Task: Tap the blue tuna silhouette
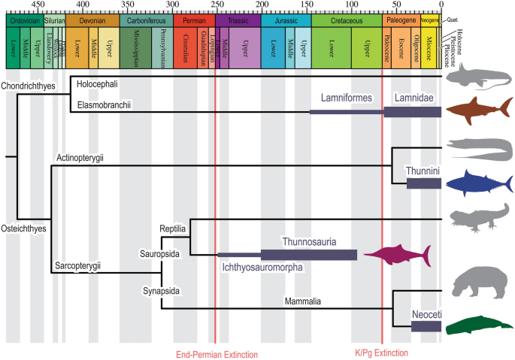tap(477, 182)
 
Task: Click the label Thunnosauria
tap(308, 242)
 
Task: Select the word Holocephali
tap(102, 80)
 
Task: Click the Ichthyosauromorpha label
tap(262, 265)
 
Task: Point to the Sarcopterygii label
tap(78, 265)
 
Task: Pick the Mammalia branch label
tap(303, 301)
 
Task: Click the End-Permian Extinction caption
tap(217, 354)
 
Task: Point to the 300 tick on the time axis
tap(172, 5)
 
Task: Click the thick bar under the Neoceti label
tap(426, 326)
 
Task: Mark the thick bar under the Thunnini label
tap(423, 183)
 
